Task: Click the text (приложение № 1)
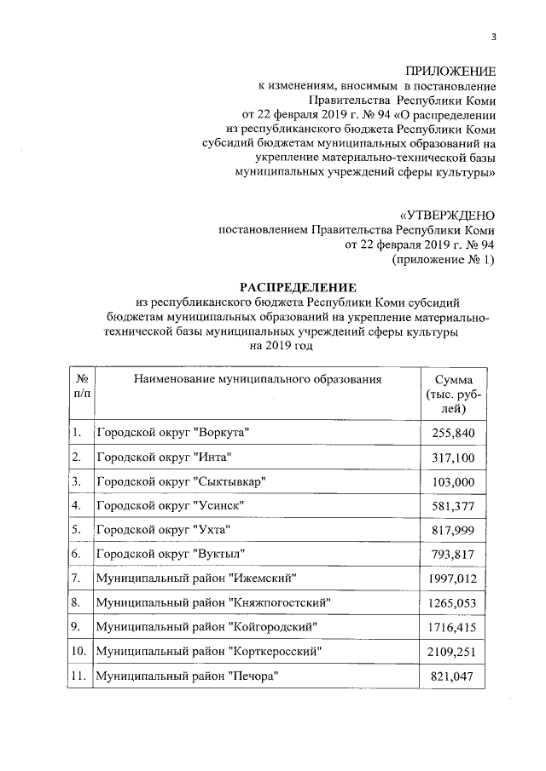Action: [x=442, y=260]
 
